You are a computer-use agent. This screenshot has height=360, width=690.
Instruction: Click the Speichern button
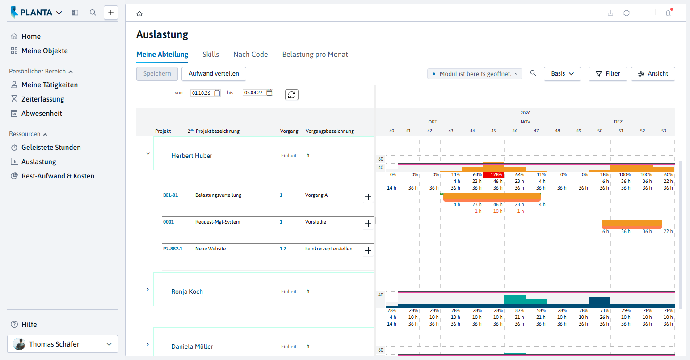pyautogui.click(x=157, y=74)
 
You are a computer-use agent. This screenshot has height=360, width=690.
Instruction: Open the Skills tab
pyautogui.click(x=210, y=55)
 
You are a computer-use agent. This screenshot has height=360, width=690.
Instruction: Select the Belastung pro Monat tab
pyautogui.click(x=315, y=55)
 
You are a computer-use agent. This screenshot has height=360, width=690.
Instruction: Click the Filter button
pyautogui.click(x=608, y=74)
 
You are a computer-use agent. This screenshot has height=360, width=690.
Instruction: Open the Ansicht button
pyautogui.click(x=653, y=74)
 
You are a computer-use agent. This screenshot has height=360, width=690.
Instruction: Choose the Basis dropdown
pyautogui.click(x=562, y=74)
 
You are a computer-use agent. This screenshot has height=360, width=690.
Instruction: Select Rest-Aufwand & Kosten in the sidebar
pyautogui.click(x=52, y=176)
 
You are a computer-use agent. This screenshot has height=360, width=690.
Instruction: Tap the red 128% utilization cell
pyautogui.click(x=493, y=175)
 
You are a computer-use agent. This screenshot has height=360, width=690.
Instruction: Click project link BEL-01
pyautogui.click(x=170, y=195)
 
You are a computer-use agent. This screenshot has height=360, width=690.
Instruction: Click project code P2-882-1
pyautogui.click(x=172, y=249)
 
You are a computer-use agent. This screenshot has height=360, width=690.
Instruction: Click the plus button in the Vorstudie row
pyautogui.click(x=368, y=224)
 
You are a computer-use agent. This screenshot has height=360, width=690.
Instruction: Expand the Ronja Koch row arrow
pyautogui.click(x=147, y=289)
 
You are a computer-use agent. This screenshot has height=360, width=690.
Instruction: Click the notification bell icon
pyautogui.click(x=668, y=13)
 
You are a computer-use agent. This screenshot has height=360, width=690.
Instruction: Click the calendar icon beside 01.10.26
pyautogui.click(x=217, y=93)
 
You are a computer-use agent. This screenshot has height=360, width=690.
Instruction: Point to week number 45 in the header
pyautogui.click(x=493, y=131)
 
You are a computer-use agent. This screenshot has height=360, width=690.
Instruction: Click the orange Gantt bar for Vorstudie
pyautogui.click(x=632, y=224)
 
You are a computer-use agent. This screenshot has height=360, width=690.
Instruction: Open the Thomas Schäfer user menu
pyautogui.click(x=63, y=344)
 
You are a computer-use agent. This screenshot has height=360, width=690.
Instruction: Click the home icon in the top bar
pyautogui.click(x=139, y=13)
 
